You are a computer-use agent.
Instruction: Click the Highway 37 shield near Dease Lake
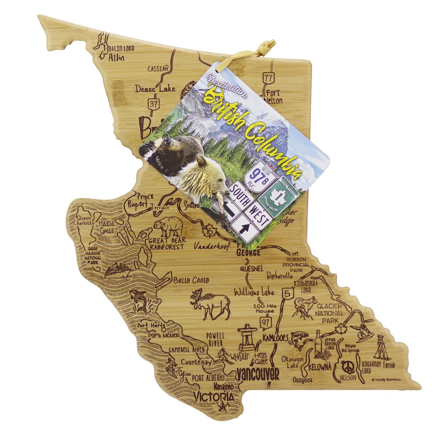click(153, 103)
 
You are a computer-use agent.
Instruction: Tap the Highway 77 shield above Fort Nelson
click(268, 77)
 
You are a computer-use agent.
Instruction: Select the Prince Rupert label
click(140, 200)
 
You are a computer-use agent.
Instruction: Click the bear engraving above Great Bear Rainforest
click(167, 227)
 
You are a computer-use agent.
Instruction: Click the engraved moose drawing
click(210, 304)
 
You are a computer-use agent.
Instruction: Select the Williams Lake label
click(254, 292)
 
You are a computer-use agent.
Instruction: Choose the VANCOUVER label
click(258, 374)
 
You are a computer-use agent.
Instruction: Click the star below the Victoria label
click(222, 406)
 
